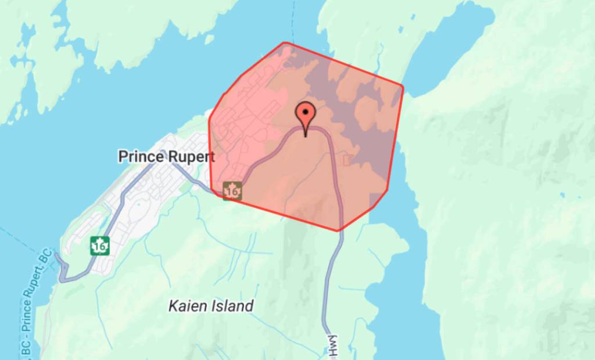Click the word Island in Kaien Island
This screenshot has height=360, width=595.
[232, 306]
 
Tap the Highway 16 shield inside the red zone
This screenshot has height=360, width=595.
[232, 190]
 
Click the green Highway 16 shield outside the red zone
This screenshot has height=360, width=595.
[100, 246]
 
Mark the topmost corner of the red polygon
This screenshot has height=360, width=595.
[284, 43]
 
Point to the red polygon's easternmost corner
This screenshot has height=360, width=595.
[403, 87]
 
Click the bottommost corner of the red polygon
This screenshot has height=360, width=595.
[338, 231]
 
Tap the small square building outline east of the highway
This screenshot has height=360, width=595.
[349, 159]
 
